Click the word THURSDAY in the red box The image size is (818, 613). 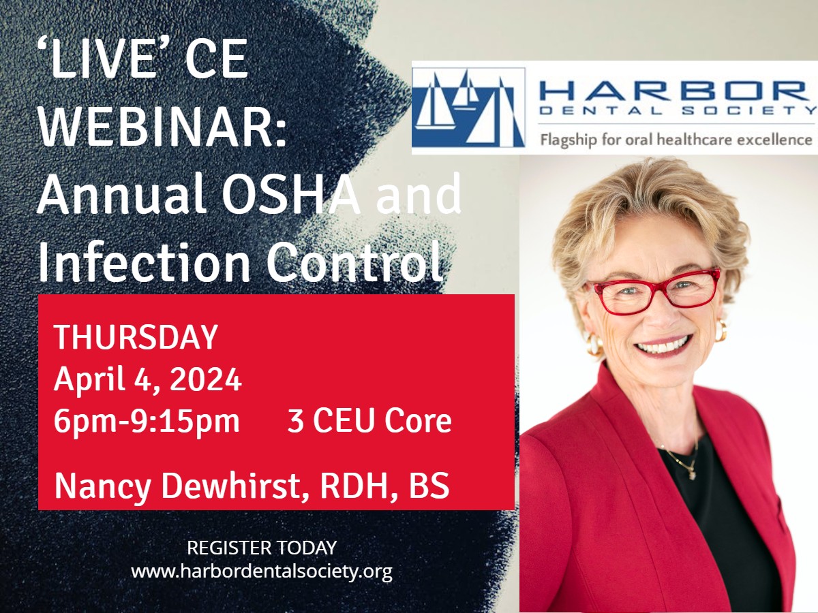tap(136, 336)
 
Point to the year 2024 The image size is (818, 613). tap(205, 379)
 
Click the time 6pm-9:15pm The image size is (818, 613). tap(147, 421)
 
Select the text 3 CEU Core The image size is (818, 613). tap(369, 421)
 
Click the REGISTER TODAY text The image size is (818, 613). tap(262, 548)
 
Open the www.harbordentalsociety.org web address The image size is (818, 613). tap(262, 571)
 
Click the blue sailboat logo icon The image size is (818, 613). tap(468, 107)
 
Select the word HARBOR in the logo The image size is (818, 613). tap(673, 91)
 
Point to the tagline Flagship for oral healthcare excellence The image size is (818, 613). tap(676, 140)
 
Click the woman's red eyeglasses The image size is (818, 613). tap(654, 291)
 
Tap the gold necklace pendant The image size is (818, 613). tap(692, 475)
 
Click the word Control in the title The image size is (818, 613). tap(354, 261)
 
